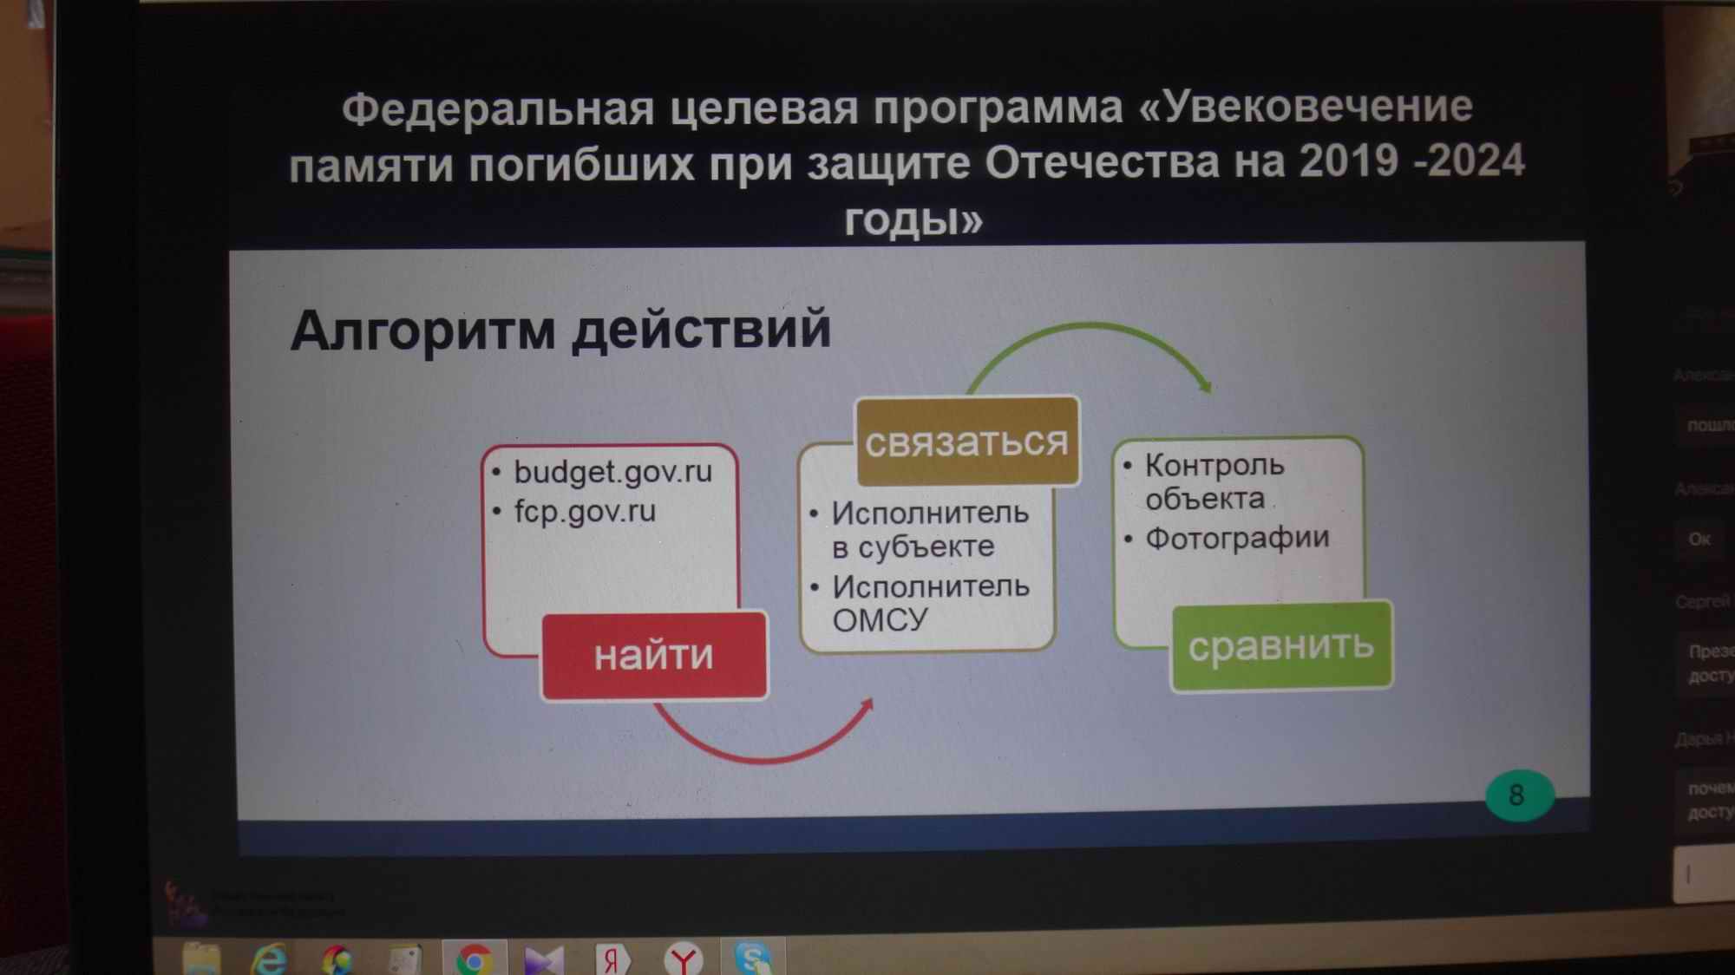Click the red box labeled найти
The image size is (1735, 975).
click(x=654, y=655)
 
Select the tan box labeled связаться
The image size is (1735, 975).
click(x=966, y=442)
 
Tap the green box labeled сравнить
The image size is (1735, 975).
click(x=1281, y=646)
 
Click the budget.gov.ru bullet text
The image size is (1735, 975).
click(x=612, y=472)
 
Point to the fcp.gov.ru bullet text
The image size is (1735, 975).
click(x=585, y=511)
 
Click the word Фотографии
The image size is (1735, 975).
click(x=1237, y=538)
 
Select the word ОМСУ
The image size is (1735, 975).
click(x=868, y=620)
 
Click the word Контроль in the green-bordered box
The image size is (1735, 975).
click(x=1214, y=465)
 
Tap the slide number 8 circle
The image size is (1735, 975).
click(x=1517, y=795)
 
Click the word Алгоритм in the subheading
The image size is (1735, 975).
click(x=422, y=330)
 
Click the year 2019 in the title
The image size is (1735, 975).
click(x=1349, y=161)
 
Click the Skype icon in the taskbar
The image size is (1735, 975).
click(x=752, y=959)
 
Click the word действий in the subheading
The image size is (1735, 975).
click(x=702, y=330)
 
